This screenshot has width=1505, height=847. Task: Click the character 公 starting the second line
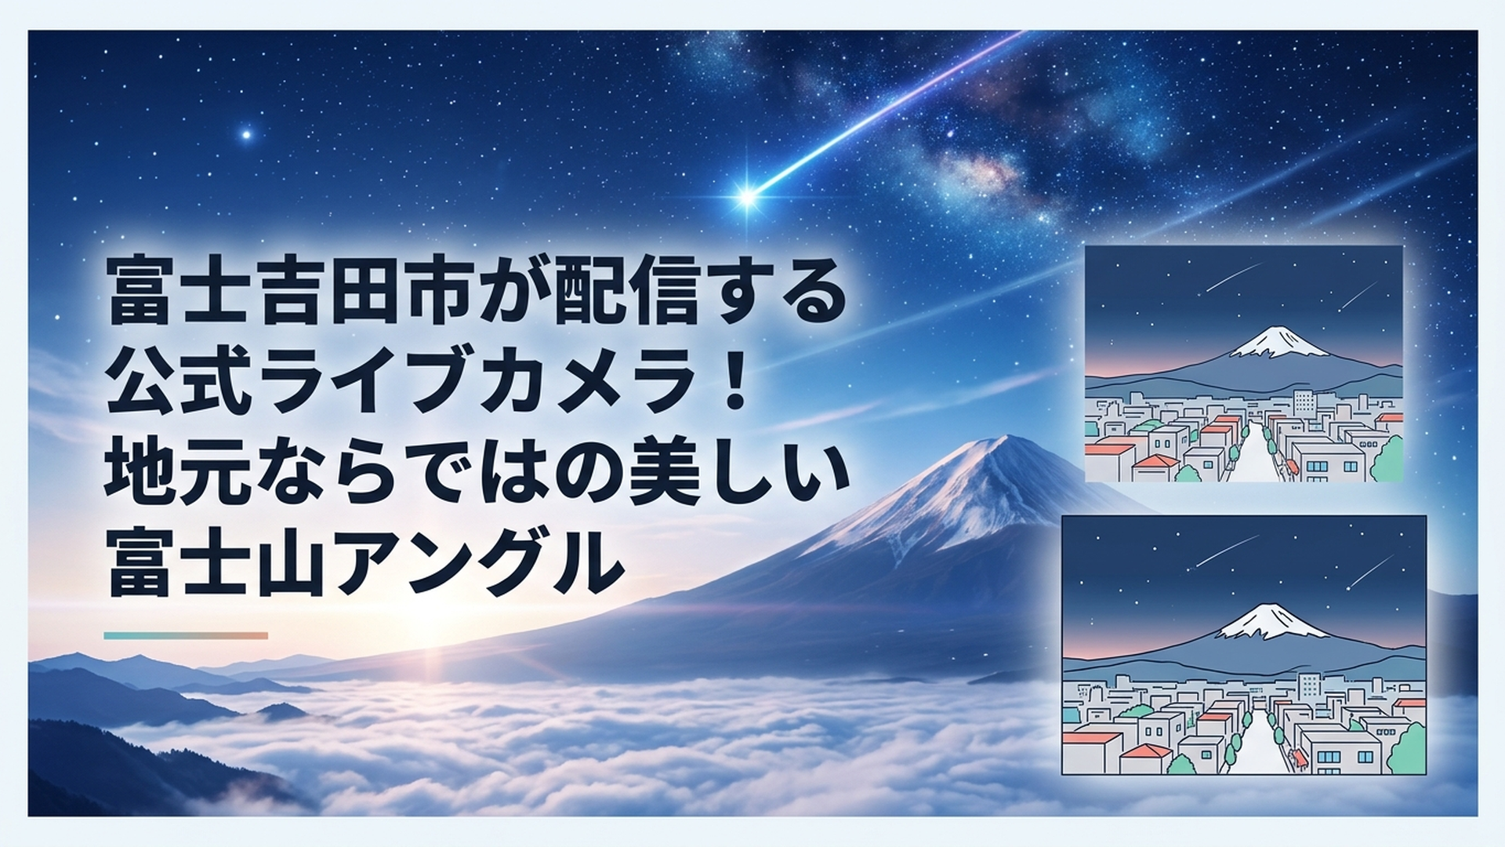tap(143, 382)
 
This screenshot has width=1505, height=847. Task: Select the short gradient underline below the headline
tap(186, 635)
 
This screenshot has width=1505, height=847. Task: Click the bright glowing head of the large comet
tap(747, 196)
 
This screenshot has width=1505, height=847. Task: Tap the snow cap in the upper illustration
tap(1278, 342)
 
